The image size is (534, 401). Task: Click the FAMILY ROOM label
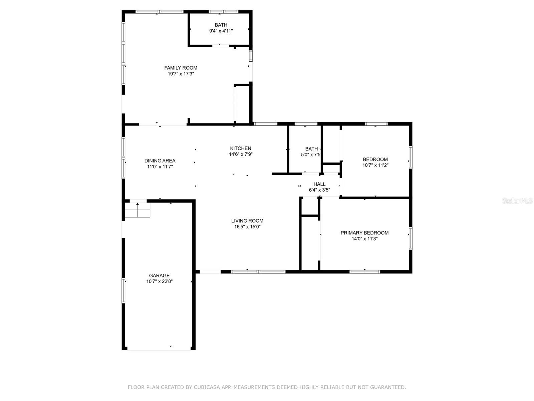click(181, 68)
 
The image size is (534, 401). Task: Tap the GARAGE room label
click(159, 276)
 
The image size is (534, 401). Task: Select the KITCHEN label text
click(241, 148)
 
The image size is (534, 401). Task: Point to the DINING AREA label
click(160, 161)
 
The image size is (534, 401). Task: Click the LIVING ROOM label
click(247, 221)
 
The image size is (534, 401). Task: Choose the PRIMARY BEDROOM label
click(364, 233)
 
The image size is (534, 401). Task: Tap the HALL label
click(319, 184)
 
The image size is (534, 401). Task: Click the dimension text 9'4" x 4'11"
click(221, 31)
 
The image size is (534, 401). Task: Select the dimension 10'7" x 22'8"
click(159, 281)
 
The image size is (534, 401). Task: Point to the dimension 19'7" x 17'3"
click(181, 74)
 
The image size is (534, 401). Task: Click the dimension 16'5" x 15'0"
click(247, 227)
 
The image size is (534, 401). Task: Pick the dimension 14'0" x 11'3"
click(364, 239)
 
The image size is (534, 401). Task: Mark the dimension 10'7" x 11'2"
click(375, 165)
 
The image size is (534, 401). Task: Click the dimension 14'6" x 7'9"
click(241, 154)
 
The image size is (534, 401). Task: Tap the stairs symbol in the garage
click(138, 210)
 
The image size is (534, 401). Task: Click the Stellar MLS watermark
click(517, 200)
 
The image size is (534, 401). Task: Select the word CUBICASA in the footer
click(207, 387)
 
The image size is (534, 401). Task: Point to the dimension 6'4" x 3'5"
click(319, 190)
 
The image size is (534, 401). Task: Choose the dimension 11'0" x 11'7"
click(160, 166)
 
